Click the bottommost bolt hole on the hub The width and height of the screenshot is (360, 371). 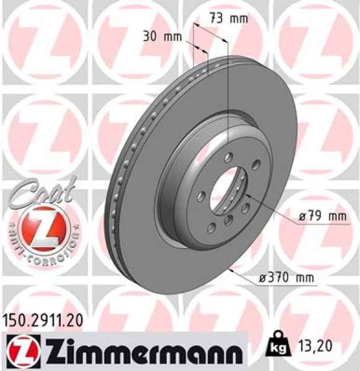pos(228,221)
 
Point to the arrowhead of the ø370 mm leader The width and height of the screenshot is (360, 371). pos(230,270)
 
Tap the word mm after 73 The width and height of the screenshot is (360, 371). pos(238,18)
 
